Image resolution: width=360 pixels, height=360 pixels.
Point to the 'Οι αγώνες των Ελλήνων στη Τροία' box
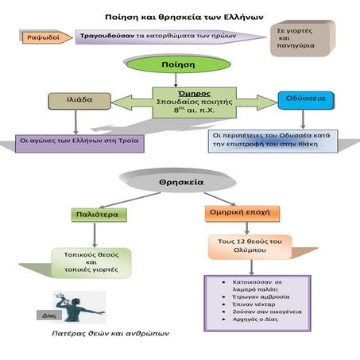pyautogui.click(x=71, y=144)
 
